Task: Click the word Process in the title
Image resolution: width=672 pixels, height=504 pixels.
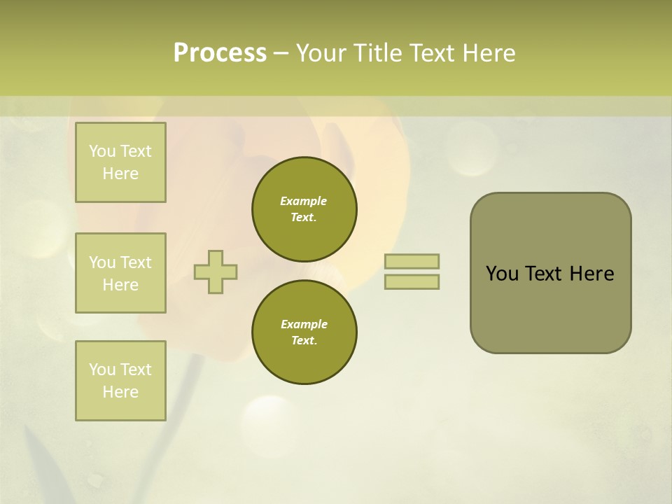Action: tap(220, 53)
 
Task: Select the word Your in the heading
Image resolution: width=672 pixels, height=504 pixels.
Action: tap(323, 53)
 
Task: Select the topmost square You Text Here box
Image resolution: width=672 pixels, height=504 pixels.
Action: tap(120, 162)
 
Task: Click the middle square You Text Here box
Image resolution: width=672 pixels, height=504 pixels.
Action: tap(120, 273)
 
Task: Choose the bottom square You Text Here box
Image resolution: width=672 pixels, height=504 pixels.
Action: tap(120, 381)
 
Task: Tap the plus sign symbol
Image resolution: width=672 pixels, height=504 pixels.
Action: tap(216, 272)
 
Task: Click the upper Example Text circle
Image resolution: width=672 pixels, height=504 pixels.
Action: tap(304, 209)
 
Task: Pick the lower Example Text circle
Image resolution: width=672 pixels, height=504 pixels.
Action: tap(304, 332)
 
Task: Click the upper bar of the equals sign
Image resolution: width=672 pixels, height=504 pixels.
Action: tap(412, 261)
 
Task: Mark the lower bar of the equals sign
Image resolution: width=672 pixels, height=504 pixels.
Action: tap(412, 281)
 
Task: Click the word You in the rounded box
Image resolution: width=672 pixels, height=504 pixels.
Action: tap(502, 274)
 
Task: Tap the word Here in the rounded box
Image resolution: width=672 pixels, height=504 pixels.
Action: tap(591, 274)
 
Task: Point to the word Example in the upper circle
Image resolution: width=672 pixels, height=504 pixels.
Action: tap(304, 201)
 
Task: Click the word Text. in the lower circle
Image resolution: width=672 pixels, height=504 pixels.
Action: tap(304, 341)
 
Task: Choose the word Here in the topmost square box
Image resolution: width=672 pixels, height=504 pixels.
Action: tap(120, 174)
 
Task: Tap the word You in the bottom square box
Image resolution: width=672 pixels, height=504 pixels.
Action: tap(102, 370)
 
